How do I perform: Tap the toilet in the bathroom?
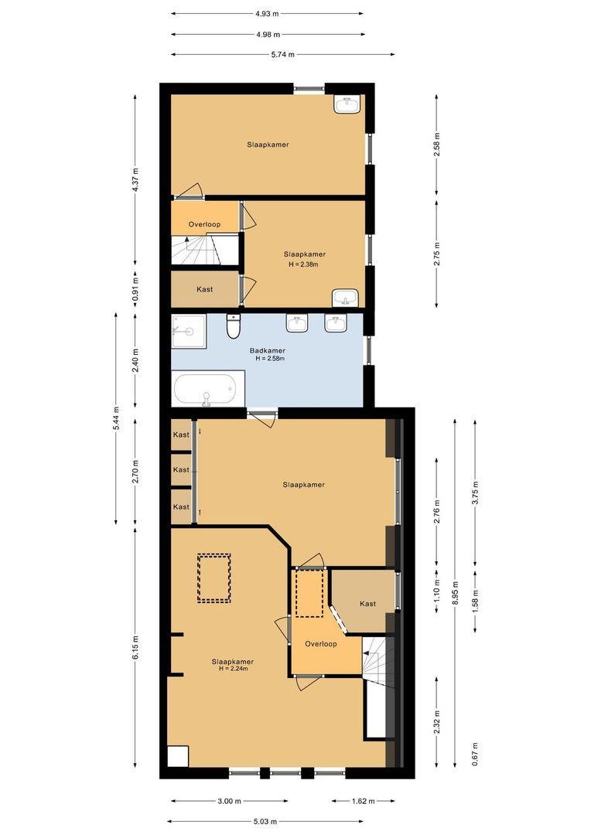tap(233, 328)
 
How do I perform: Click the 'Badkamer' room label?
tap(267, 350)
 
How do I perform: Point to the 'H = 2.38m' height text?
tap(304, 264)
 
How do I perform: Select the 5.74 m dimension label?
tap(282, 55)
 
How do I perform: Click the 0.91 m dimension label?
tap(135, 289)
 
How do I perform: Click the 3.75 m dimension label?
tap(476, 492)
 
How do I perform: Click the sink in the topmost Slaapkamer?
tap(348, 105)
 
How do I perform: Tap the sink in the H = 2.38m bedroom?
tap(344, 298)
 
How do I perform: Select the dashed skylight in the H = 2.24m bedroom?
tap(214, 578)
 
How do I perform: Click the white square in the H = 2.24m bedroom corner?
tap(178, 755)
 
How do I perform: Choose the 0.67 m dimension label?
tap(476, 750)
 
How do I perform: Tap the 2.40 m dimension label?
tap(135, 361)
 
